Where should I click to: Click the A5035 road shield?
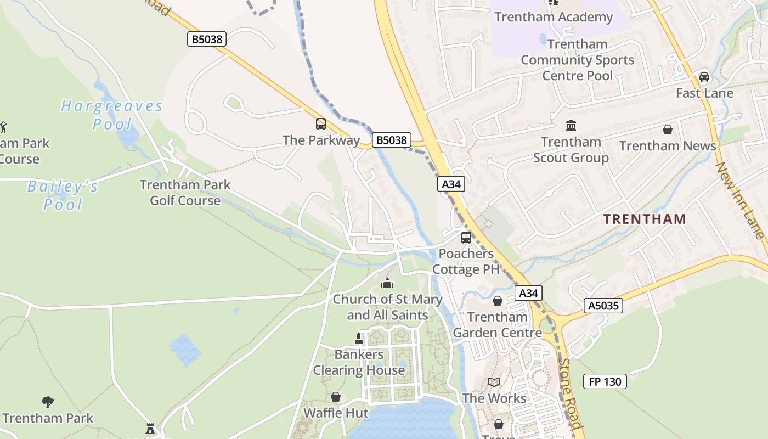[x=603, y=306]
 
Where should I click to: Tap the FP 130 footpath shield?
[x=605, y=381]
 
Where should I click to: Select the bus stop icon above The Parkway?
[x=321, y=124]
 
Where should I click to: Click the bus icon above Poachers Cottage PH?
[x=466, y=238]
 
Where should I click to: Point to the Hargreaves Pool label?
[x=112, y=114]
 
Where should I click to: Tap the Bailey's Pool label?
[x=63, y=195]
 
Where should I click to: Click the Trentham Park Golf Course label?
[x=185, y=192]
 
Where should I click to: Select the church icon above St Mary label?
[x=387, y=283]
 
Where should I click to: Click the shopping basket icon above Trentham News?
[x=668, y=130]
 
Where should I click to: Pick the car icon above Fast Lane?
[x=704, y=77]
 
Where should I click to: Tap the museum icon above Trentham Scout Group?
[x=571, y=126]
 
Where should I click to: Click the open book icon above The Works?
[x=494, y=382]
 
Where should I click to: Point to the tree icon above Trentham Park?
[x=48, y=402]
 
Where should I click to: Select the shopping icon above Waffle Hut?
[x=336, y=397]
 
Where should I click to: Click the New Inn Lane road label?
[x=740, y=200]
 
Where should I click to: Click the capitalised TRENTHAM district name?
[x=645, y=219]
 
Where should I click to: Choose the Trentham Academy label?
[x=553, y=17]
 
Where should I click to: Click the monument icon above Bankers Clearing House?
[x=359, y=339]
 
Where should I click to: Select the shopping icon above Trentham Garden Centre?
[x=498, y=301]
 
